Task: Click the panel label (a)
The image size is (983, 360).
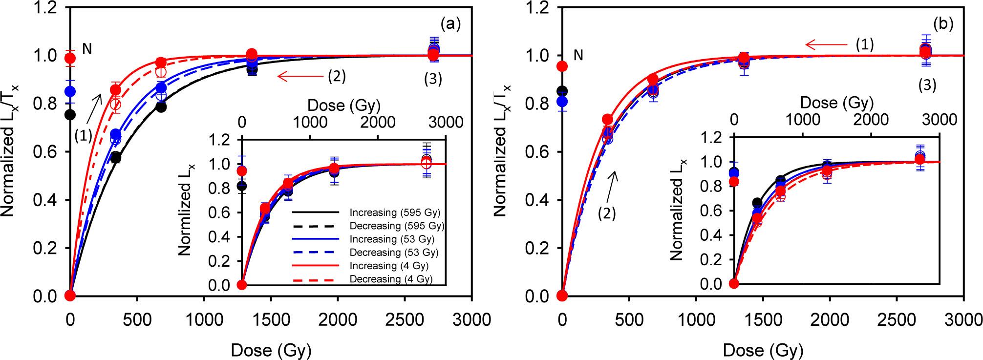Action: (x=450, y=24)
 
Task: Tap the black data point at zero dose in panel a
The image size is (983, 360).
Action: (x=70, y=114)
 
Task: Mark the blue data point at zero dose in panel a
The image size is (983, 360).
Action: (x=70, y=91)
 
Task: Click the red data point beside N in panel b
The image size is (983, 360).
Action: (x=562, y=66)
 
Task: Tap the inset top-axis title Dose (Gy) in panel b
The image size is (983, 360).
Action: (x=836, y=104)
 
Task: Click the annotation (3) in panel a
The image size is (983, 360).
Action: (x=433, y=80)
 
